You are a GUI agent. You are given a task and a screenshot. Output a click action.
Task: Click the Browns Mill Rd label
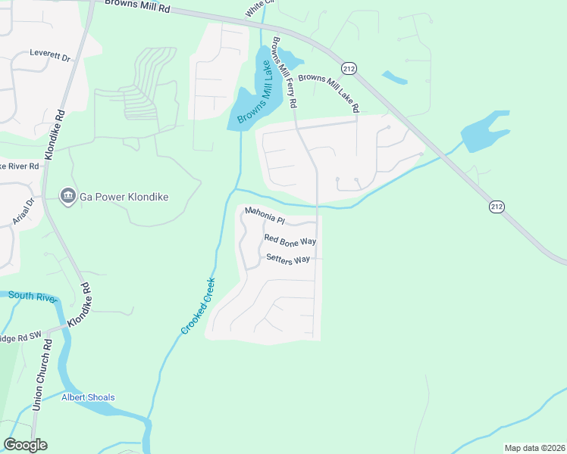[x=137, y=6]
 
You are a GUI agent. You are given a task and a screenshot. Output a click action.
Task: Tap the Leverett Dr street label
[x=49, y=56]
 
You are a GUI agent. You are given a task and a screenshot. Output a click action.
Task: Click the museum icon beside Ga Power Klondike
[x=67, y=197]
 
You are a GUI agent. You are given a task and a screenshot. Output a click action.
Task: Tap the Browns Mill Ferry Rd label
[x=283, y=72]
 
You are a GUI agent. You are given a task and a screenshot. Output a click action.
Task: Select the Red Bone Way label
[x=290, y=240]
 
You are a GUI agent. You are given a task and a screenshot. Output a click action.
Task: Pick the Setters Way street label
[x=288, y=259]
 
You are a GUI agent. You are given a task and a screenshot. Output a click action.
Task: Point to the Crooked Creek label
[x=199, y=306]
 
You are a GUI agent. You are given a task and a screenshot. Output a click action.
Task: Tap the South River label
[x=33, y=297]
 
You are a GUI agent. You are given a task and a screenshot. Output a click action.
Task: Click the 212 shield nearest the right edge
[x=497, y=207]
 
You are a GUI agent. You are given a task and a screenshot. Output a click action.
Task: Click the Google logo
[x=25, y=445]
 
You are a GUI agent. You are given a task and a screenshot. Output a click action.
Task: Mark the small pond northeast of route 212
[x=394, y=77]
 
